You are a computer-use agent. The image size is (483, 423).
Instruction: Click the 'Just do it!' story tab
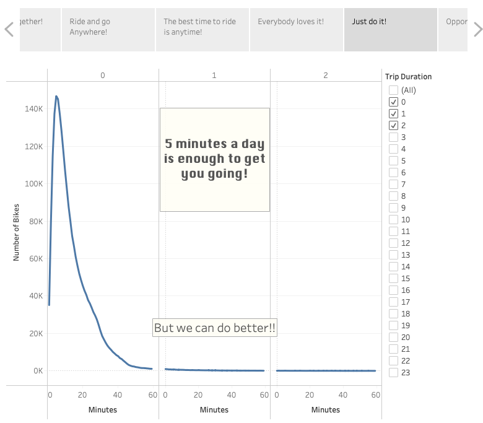coord(390,29)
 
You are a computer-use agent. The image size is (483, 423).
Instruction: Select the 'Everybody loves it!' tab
coord(296,29)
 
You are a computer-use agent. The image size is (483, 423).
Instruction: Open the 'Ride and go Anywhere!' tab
coord(108,29)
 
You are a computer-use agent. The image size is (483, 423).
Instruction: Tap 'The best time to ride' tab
coord(202,29)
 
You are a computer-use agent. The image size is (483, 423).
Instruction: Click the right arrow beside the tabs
coord(477,29)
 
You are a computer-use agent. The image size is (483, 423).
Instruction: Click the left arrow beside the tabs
coord(9,29)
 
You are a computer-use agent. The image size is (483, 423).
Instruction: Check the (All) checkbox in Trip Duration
coord(393,90)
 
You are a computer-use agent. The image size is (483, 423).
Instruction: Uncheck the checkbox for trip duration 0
coord(393,102)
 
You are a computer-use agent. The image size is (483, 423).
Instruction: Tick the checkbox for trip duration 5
coord(393,160)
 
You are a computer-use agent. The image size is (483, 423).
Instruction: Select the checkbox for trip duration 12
coord(393,243)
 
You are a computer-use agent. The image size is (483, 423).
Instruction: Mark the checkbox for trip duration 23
coord(393,372)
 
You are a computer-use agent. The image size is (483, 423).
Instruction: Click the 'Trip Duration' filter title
coord(408,77)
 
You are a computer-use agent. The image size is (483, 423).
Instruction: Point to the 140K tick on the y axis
coord(33,109)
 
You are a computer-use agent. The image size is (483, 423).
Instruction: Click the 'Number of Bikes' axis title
coord(17,232)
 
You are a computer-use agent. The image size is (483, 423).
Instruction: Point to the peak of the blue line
coord(56,97)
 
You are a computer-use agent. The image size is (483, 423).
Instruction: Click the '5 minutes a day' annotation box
coord(214,159)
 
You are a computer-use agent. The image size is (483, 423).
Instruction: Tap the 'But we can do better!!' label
coord(214,328)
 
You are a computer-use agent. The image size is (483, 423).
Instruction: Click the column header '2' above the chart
coord(326,76)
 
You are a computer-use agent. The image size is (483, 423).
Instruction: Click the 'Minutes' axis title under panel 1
coord(214,409)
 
